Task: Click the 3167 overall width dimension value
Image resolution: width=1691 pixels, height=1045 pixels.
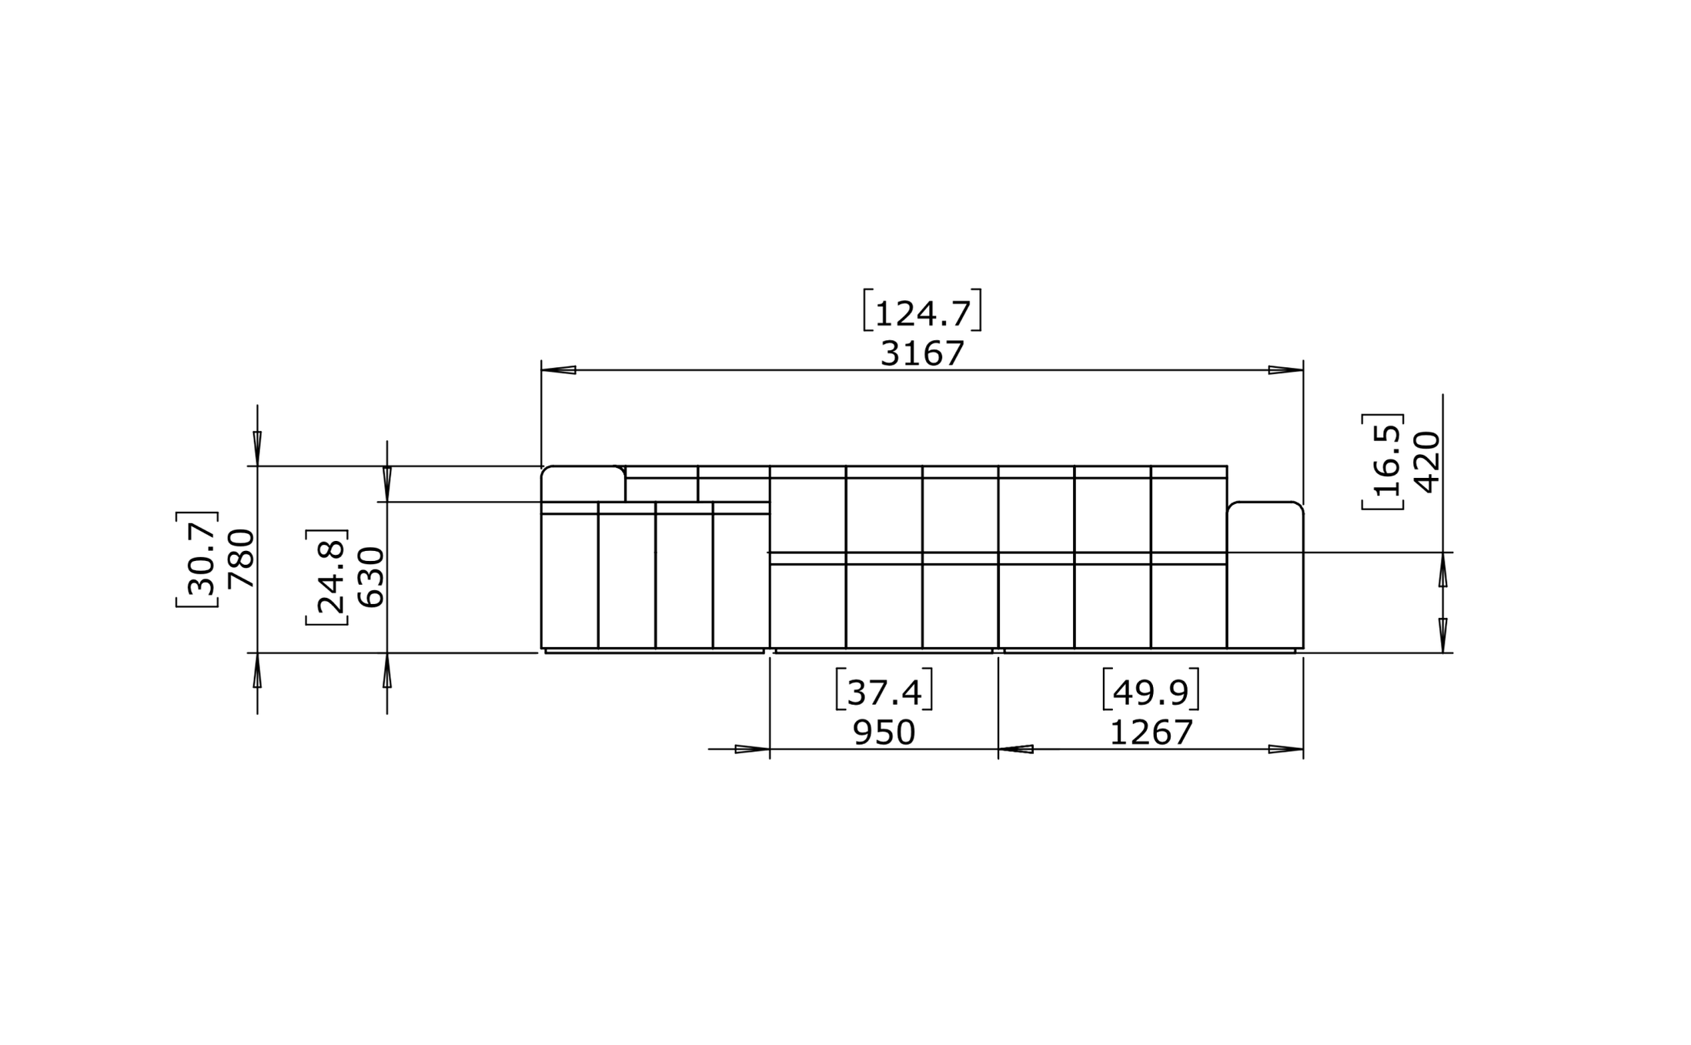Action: pyautogui.click(x=922, y=354)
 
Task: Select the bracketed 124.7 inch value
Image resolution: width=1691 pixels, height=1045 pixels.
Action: pyautogui.click(x=922, y=310)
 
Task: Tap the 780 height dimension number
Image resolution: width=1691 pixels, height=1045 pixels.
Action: pyautogui.click(x=242, y=559)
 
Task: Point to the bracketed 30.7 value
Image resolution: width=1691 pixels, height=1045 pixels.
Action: pyautogui.click(x=199, y=559)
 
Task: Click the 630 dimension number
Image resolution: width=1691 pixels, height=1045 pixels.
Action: pyautogui.click(x=371, y=577)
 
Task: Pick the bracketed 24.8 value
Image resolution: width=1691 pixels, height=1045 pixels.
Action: pyautogui.click(x=328, y=577)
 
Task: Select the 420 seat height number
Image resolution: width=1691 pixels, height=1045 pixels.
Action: pyautogui.click(x=1427, y=462)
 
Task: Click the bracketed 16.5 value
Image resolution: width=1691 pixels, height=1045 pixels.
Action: pyautogui.click(x=1383, y=462)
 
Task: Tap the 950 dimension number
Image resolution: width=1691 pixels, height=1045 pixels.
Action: pyautogui.click(x=884, y=733)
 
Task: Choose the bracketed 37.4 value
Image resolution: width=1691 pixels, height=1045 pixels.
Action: pyautogui.click(x=884, y=689)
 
